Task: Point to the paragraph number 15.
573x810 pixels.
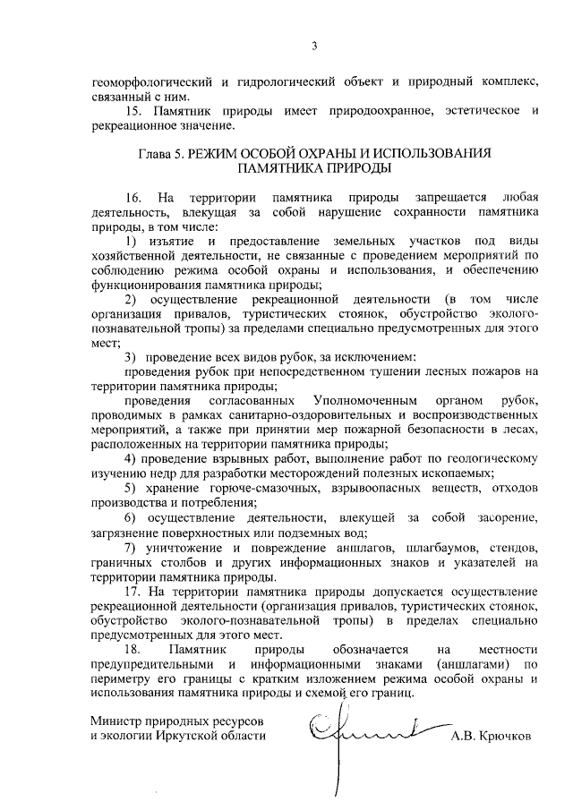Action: pos(134,111)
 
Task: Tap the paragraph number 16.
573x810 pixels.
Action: pos(134,197)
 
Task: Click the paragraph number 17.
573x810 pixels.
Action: pos(134,592)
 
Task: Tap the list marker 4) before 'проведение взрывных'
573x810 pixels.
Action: pos(131,459)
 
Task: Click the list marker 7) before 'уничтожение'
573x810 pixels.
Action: pos(131,547)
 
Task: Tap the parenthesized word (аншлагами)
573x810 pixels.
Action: pos(468,663)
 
